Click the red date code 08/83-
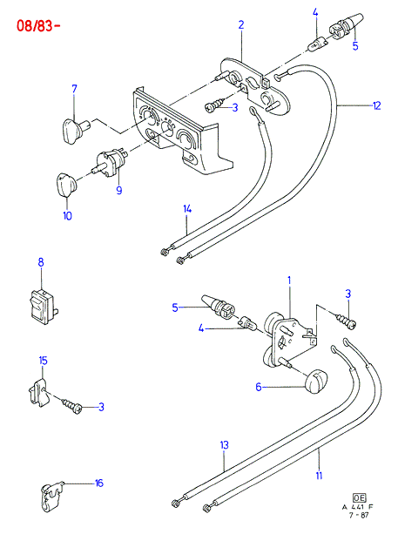pyautogui.click(x=38, y=26)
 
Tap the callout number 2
pyautogui.click(x=241, y=25)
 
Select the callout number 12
pyautogui.click(x=376, y=105)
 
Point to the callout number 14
pyautogui.click(x=187, y=209)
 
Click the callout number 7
pyautogui.click(x=75, y=89)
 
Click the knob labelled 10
pyautogui.click(x=66, y=185)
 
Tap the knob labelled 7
pyautogui.click(x=76, y=131)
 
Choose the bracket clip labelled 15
pyautogui.click(x=37, y=394)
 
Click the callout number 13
pyautogui.click(x=225, y=445)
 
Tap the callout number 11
pyautogui.click(x=319, y=475)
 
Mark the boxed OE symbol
pyautogui.click(x=360, y=498)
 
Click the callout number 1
pyautogui.click(x=289, y=281)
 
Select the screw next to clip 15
pyautogui.click(x=71, y=405)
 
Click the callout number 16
pyautogui.click(x=98, y=483)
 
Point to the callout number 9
pyautogui.click(x=118, y=190)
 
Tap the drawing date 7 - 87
pyautogui.click(x=359, y=515)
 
